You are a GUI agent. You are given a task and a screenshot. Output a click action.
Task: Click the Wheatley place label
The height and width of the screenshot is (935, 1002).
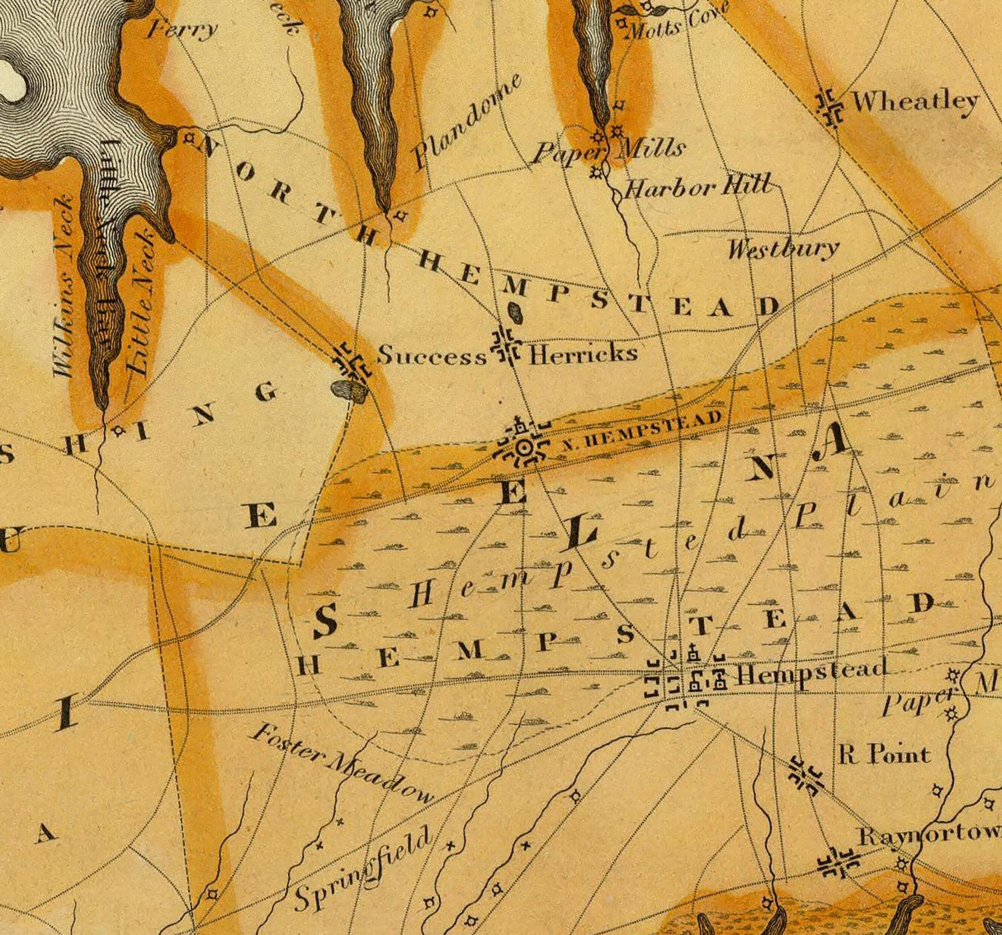click(915, 102)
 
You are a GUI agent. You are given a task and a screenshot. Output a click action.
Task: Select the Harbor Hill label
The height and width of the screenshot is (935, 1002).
click(697, 187)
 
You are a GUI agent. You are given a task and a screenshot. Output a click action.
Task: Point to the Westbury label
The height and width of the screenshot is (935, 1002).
click(782, 248)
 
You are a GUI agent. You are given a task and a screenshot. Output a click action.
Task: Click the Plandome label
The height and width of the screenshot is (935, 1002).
click(467, 121)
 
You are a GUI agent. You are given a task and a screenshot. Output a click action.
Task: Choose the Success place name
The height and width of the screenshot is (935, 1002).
click(432, 356)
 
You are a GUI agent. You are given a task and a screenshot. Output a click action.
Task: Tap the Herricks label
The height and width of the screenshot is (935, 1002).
click(583, 354)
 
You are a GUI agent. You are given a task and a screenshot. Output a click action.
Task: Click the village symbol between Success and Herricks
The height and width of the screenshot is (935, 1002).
click(505, 347)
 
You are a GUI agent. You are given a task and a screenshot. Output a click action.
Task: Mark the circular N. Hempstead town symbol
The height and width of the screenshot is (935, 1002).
click(523, 448)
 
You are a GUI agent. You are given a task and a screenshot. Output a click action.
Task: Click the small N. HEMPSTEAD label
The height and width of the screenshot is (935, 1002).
click(642, 430)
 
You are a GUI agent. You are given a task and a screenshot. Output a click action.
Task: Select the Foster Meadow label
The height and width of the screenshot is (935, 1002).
click(342, 764)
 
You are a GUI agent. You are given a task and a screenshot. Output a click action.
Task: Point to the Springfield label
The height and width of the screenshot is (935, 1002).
click(363, 870)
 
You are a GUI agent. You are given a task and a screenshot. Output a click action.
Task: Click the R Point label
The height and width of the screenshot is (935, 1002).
click(884, 754)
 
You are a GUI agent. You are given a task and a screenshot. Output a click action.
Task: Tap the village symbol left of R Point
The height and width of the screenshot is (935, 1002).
click(804, 774)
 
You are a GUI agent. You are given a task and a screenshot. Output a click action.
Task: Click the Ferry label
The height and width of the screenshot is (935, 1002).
click(182, 30)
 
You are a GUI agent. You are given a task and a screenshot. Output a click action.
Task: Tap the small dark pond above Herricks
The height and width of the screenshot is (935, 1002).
click(515, 314)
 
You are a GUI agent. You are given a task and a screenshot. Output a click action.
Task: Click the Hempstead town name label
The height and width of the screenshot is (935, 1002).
click(811, 672)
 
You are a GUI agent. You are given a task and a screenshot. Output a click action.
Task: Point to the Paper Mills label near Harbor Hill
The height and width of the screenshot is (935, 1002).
click(608, 149)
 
